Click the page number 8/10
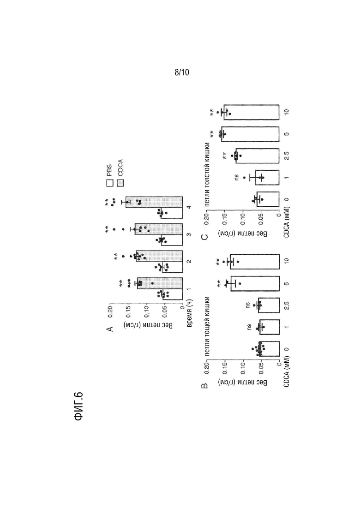tap(182, 72)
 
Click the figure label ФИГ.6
tap(78, 406)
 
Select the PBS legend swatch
tap(110, 184)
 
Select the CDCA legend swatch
tap(120, 184)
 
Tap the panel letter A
tap(110, 329)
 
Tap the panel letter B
tap(204, 386)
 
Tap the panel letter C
tap(204, 237)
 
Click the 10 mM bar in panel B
tap(255, 262)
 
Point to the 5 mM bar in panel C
tap(250, 134)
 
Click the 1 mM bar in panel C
tap(267, 178)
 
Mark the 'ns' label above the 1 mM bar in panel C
tap(236, 177)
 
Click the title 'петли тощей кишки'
tap(207, 326)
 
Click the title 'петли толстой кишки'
tap(207, 174)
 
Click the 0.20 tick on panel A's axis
tap(110, 311)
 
